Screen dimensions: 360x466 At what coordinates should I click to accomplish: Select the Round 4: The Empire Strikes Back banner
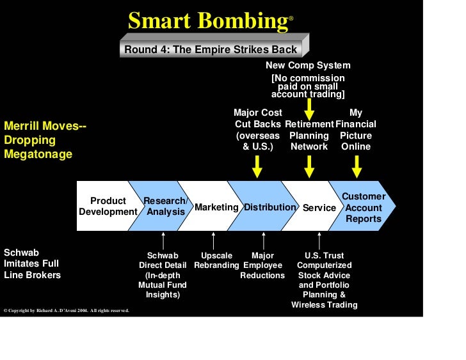211,49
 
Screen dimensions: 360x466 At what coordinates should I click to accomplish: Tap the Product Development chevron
108,206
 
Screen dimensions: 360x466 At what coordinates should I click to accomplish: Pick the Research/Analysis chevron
165,206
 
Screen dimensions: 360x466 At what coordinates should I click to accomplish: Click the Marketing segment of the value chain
216,207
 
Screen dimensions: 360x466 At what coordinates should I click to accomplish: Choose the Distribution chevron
269,207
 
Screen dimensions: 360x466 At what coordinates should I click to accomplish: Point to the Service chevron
319,208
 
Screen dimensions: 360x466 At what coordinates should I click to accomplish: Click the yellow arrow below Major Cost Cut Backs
257,167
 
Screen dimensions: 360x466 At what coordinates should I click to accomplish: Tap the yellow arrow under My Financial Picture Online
357,167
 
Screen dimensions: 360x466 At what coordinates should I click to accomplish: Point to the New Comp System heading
308,65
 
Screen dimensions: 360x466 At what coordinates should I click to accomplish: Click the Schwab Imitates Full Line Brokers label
32,263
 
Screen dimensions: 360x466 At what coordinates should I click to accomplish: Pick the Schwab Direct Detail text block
163,275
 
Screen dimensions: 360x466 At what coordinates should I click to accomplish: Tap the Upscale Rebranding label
216,260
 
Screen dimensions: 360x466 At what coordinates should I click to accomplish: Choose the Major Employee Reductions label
262,265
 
